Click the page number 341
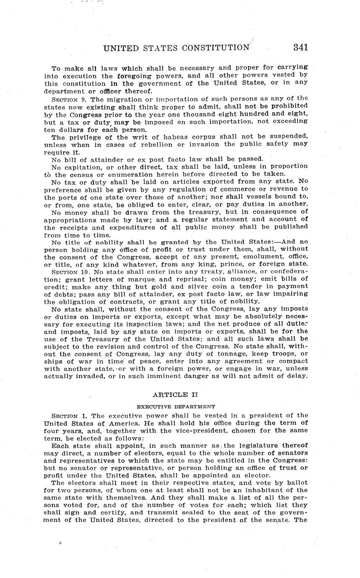pos(300,47)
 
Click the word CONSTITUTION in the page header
pos(215,48)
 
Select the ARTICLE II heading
pos(175,395)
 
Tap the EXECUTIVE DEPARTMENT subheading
pos(176,406)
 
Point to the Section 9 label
pos(68,100)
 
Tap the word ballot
pos(296,483)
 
